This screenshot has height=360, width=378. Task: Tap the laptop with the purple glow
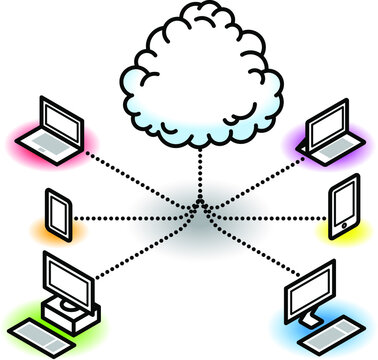(324, 130)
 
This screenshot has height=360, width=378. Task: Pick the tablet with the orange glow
(58, 213)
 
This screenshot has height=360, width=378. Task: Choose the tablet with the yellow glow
(343, 207)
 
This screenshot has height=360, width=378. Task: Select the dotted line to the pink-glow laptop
(140, 180)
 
